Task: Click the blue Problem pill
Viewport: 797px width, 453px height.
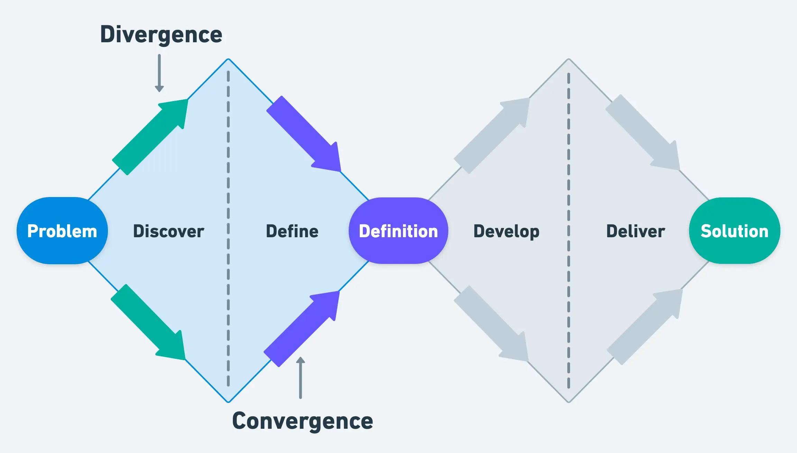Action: (x=62, y=231)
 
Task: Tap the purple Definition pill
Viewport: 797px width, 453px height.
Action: (x=398, y=231)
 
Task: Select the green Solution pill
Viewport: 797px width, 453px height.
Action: (x=734, y=231)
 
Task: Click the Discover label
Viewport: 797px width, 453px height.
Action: (x=168, y=231)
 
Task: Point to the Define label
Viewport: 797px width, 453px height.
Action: (x=292, y=231)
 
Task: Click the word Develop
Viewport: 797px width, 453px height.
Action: (x=506, y=231)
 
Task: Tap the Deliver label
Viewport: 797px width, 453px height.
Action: (x=635, y=231)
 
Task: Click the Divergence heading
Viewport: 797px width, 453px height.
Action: (x=161, y=35)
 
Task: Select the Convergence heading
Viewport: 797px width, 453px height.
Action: (x=302, y=421)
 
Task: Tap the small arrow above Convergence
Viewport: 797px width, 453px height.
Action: (x=301, y=377)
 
